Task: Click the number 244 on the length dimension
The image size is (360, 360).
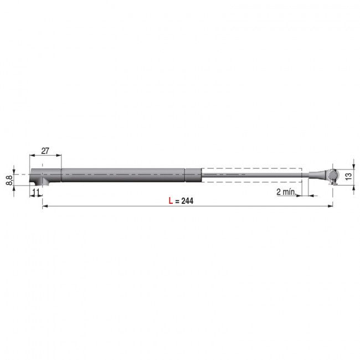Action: [x=187, y=201]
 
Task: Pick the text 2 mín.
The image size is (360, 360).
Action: [x=287, y=192]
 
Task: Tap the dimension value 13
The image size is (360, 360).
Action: [x=348, y=176]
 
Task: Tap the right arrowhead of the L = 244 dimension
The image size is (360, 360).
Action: [x=331, y=206]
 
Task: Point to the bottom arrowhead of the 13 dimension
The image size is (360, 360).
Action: [x=353, y=186]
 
